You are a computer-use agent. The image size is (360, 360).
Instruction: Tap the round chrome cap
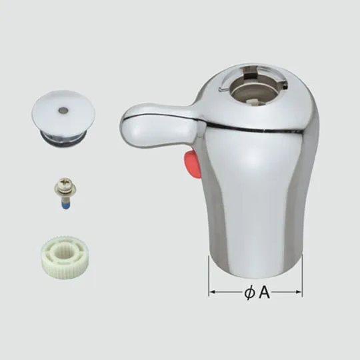pos(63,111)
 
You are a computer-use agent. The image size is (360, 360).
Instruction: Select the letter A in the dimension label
pos(265,292)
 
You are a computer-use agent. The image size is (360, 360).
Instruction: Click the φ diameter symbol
pos(249,292)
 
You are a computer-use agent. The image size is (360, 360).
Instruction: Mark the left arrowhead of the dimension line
pos(212,292)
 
